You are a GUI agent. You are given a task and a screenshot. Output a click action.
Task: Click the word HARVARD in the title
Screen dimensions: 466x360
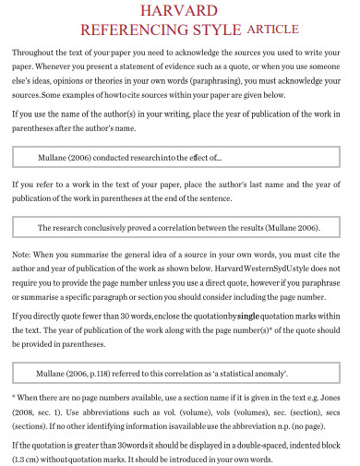181,11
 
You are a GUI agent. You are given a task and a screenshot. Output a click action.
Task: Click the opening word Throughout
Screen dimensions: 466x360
34,54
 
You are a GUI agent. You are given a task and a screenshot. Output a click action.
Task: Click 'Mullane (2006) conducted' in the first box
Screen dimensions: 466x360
84,157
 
